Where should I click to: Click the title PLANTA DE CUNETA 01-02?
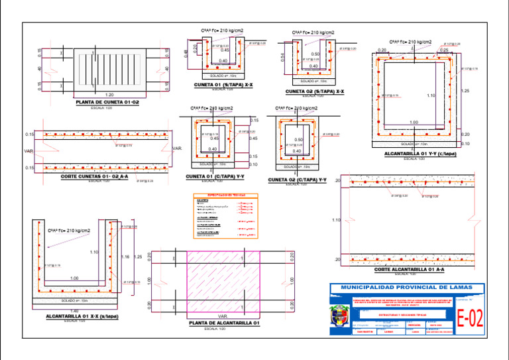[107, 102]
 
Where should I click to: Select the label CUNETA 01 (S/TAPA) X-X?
[223, 85]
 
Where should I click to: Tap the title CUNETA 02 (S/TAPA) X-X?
[314, 91]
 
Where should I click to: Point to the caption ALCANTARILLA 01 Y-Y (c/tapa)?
[420, 154]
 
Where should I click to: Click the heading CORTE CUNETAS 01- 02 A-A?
[94, 177]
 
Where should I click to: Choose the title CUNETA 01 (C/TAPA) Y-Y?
[215, 176]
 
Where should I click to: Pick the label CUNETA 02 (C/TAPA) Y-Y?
[297, 180]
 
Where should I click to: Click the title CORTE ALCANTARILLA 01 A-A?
[409, 270]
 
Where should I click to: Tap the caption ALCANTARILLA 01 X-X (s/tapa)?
[82, 316]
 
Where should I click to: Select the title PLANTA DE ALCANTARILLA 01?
[223, 323]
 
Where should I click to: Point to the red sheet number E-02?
[470, 319]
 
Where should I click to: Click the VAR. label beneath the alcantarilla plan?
[223, 316]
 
